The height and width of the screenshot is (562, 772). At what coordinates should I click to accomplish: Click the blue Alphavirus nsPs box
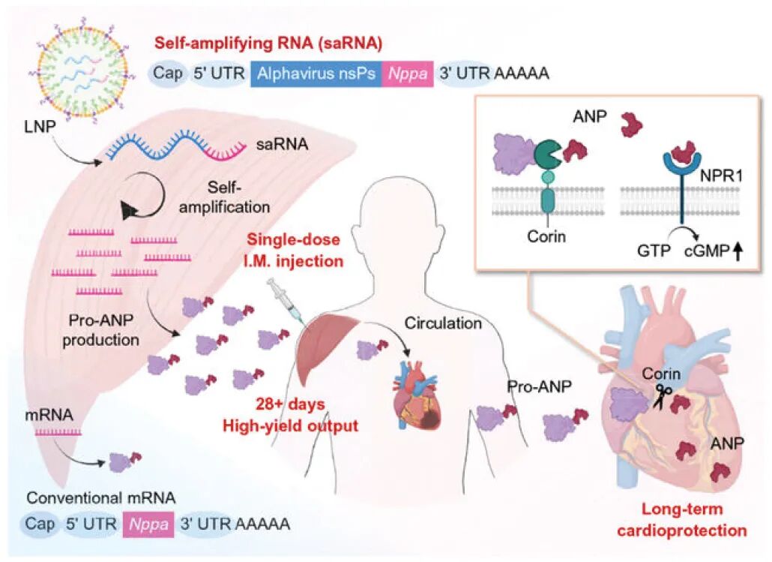click(x=316, y=74)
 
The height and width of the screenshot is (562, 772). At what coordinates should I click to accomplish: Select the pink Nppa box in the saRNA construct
click(x=408, y=74)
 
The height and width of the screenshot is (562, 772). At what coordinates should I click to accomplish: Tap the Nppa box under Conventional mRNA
click(x=148, y=524)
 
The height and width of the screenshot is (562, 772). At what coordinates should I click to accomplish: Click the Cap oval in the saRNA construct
click(x=168, y=74)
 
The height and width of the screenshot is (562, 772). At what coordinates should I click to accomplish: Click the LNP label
click(x=40, y=128)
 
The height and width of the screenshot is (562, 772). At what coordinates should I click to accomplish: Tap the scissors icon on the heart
click(x=663, y=397)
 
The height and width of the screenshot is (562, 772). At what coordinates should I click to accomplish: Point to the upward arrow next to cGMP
click(x=738, y=252)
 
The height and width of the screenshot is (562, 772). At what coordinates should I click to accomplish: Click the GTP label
click(x=654, y=251)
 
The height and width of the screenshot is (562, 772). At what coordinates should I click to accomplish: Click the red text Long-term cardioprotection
click(x=682, y=519)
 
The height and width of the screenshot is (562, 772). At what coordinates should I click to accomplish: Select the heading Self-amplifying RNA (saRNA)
click(x=268, y=44)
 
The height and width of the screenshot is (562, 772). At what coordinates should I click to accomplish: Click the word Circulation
click(x=443, y=323)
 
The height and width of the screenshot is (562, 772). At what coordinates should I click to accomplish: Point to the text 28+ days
click(x=290, y=404)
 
